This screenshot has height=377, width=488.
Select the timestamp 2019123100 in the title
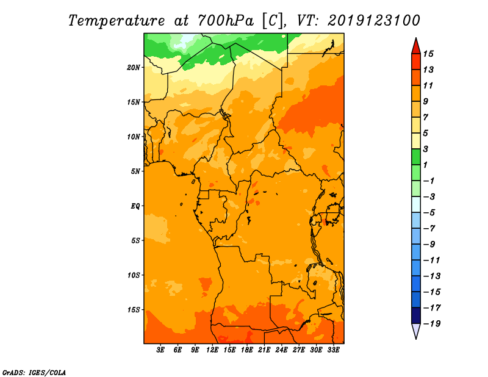point(374,20)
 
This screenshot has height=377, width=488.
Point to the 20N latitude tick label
point(134,67)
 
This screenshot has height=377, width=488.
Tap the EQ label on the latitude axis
point(135,206)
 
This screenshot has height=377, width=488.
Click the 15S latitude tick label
point(134,310)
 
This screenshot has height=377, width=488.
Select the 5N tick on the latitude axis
point(136,171)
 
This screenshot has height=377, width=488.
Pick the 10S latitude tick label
point(134,275)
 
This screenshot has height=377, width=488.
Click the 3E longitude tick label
point(161,350)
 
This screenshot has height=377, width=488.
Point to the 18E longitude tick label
point(247,350)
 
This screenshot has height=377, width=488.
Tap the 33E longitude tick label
point(333,350)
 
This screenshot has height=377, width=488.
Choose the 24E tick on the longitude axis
point(282,350)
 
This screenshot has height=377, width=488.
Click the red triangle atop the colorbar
point(416,46)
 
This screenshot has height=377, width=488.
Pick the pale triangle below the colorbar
point(416,331)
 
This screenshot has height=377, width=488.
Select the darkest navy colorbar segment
point(416,315)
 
